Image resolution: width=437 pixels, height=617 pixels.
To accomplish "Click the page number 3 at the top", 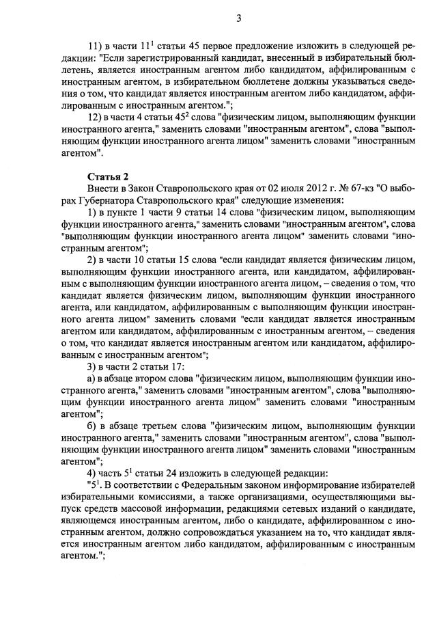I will [x=238, y=18].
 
